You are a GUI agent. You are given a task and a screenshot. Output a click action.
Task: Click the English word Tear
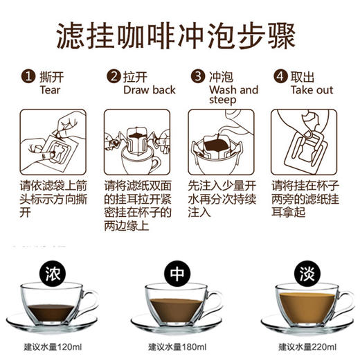click(51, 90)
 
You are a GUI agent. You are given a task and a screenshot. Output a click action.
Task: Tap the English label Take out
click(312, 90)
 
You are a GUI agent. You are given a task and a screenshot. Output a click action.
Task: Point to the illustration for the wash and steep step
click(222, 141)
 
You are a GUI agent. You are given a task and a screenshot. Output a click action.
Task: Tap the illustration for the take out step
click(305, 141)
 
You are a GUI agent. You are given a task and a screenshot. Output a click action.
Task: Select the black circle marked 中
click(177, 274)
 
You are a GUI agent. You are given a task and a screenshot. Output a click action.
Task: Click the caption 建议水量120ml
click(52, 346)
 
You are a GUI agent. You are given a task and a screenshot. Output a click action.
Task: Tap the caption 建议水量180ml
click(177, 346)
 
